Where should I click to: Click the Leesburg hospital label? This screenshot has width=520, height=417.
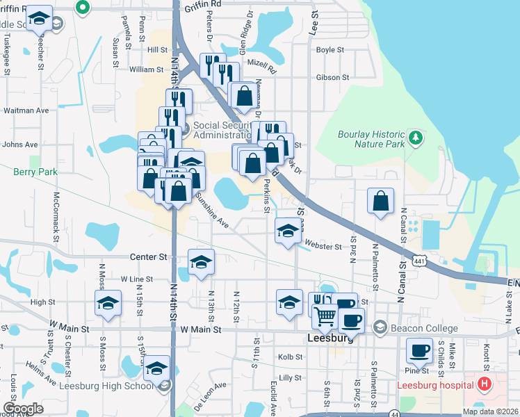(435, 385)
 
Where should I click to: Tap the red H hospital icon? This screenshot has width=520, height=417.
(485, 384)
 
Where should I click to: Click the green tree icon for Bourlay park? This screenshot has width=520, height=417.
(416, 137)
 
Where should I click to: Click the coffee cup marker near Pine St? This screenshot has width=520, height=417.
(419, 350)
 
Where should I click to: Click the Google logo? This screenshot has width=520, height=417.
(24, 409)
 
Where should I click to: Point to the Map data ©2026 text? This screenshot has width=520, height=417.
(491, 411)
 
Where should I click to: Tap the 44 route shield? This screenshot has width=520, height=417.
(394, 413)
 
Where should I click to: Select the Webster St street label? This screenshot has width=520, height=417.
(323, 246)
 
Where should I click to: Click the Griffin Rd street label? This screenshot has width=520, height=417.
(203, 4)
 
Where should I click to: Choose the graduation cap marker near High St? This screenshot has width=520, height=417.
(108, 302)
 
